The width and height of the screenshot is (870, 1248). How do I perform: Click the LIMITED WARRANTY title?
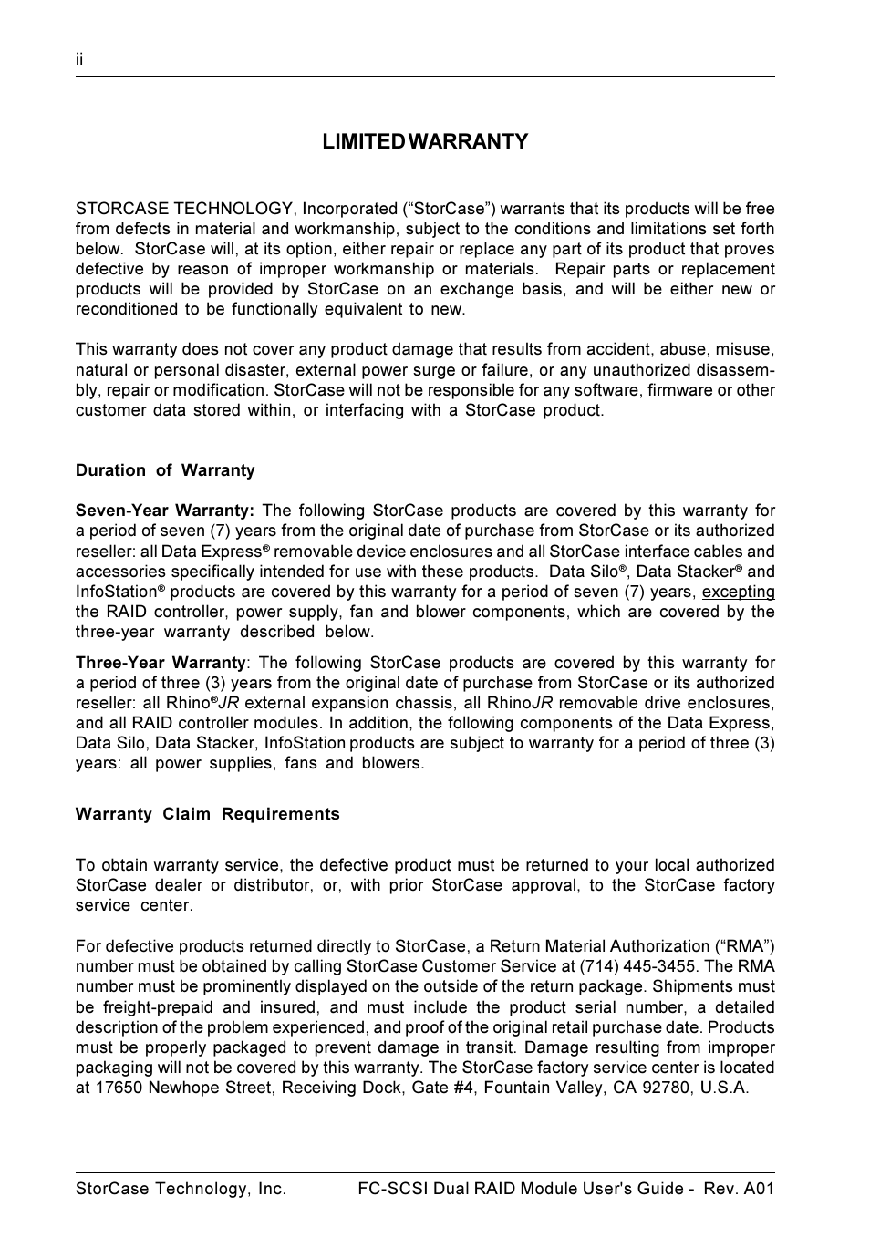pyautogui.click(x=425, y=141)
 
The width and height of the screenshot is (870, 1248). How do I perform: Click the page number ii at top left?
pyautogui.click(x=79, y=59)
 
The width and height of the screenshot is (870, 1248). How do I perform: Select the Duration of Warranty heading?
pyautogui.click(x=165, y=470)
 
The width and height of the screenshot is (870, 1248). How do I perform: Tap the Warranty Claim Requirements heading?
pyautogui.click(x=207, y=814)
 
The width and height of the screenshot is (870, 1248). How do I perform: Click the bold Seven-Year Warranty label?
pyautogui.click(x=164, y=511)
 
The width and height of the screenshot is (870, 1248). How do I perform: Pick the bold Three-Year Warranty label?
pyautogui.click(x=161, y=663)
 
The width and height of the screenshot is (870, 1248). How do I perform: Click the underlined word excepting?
pyautogui.click(x=738, y=592)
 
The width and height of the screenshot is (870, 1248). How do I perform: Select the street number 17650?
pyautogui.click(x=119, y=1088)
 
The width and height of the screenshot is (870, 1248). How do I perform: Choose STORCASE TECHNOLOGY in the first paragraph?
pyautogui.click(x=184, y=209)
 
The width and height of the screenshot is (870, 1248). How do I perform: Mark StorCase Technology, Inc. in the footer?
pyautogui.click(x=181, y=1189)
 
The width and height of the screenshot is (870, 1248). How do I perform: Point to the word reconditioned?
pyautogui.click(x=127, y=309)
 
